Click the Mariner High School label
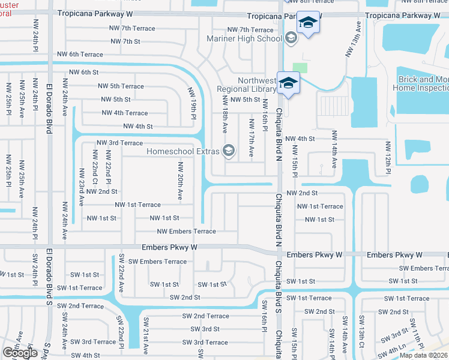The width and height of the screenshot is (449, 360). pos(244,38)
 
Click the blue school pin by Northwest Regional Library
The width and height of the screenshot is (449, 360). pos(288,83)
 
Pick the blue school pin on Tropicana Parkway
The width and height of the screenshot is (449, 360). pos(308,23)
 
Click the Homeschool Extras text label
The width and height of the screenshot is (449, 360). pos(183,151)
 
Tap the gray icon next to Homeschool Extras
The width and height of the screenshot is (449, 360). pos(229,151)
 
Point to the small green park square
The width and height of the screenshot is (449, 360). pos(300,69)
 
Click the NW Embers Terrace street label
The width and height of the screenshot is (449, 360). pos(186,232)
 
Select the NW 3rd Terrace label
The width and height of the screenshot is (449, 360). pos(120,143)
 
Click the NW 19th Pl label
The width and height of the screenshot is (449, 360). pos(193,102)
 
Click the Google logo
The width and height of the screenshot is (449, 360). pos(20,353)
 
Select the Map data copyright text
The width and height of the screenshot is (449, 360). pos(424,355)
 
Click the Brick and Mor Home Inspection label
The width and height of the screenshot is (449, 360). pos(421,83)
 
